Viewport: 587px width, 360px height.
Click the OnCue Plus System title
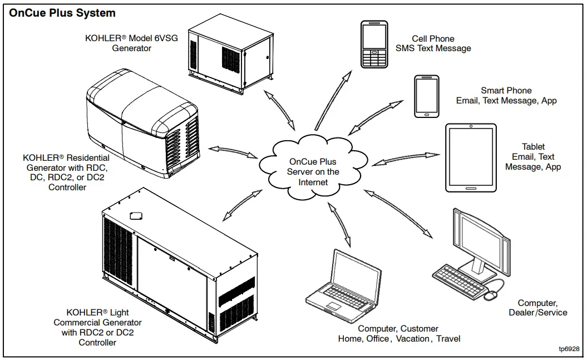click(62, 13)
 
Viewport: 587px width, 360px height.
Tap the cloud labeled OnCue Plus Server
click(313, 166)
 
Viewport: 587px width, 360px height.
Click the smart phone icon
click(426, 96)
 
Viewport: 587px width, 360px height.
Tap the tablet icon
click(471, 157)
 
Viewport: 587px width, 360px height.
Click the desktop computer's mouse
click(490, 296)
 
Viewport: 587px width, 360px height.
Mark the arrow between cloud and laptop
click(339, 225)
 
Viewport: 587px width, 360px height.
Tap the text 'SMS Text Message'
click(433, 48)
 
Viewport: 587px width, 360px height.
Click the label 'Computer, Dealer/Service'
click(537, 308)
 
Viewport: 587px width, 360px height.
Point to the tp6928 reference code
click(569, 349)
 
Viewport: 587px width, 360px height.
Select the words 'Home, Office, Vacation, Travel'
click(399, 339)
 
